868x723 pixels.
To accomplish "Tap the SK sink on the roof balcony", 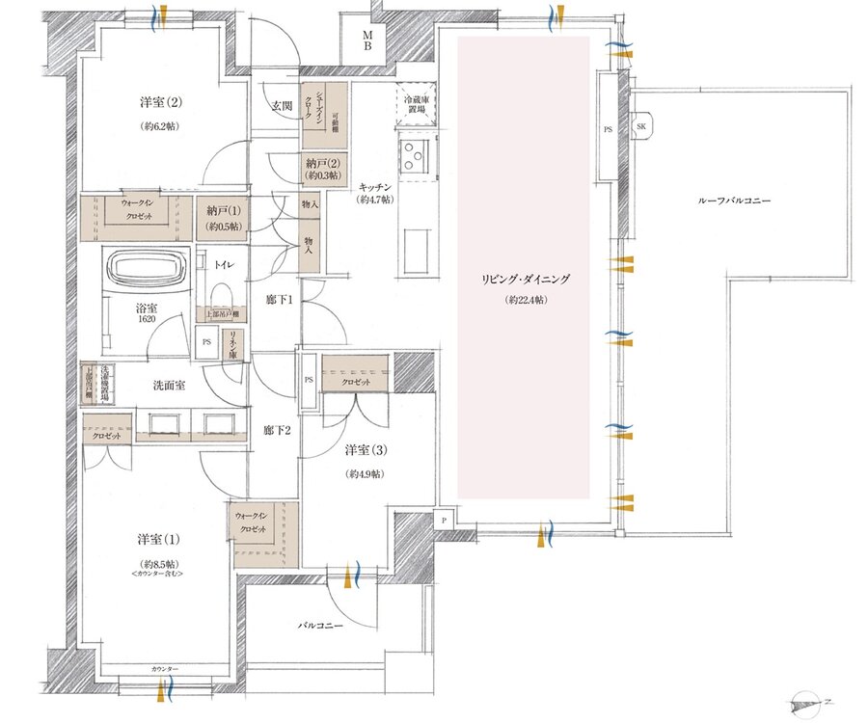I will (640, 126).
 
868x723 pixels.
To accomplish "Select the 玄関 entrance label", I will (281, 105).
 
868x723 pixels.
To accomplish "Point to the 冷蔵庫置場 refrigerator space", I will (417, 104).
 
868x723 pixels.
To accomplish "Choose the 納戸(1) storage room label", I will (223, 218).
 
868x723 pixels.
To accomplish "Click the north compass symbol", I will (805, 702).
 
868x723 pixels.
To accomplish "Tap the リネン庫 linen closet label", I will (232, 343).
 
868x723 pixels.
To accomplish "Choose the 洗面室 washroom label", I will (170, 385).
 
